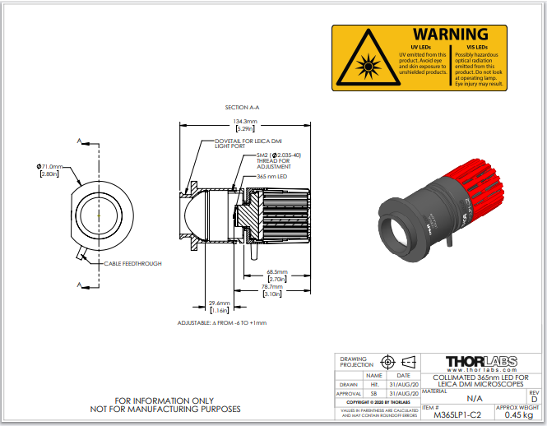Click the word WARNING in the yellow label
[x=449, y=35]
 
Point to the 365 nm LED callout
[x=271, y=176]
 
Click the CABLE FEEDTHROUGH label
[x=132, y=263]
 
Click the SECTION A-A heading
[x=242, y=107]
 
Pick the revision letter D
[x=534, y=399]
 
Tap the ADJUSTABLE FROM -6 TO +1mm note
[x=222, y=322]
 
